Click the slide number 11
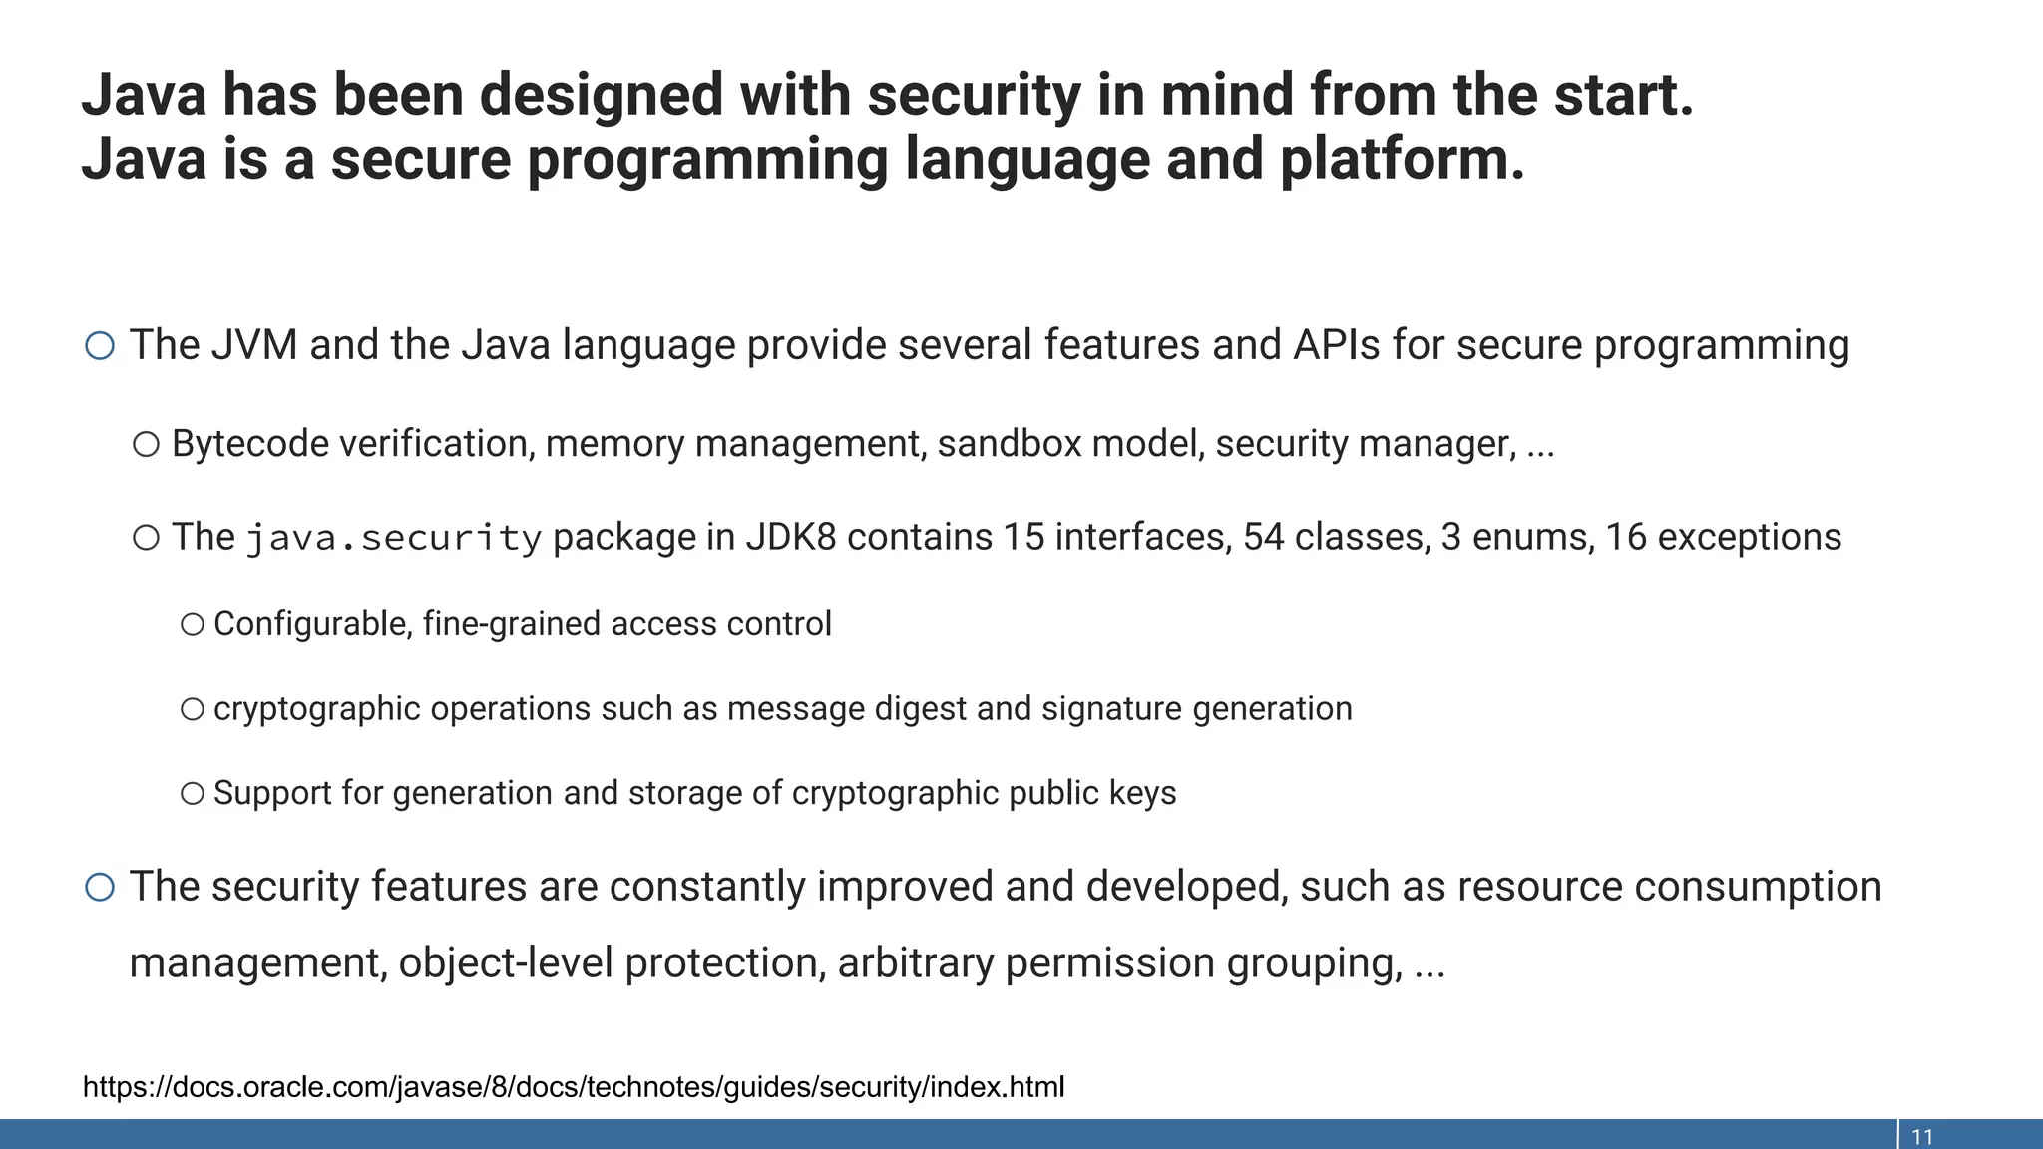[x=1921, y=1137]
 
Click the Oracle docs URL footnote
[x=574, y=1086]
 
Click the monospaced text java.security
[x=394, y=539]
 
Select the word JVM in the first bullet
[x=254, y=345]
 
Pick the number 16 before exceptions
[x=1625, y=538]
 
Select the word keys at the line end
[x=1145, y=794]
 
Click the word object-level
[x=505, y=963]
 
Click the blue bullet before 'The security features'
[x=100, y=887]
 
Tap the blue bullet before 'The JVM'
[x=100, y=346]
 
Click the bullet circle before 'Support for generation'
[x=193, y=794]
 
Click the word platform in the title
[x=1401, y=160]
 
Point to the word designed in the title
[x=601, y=96]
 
